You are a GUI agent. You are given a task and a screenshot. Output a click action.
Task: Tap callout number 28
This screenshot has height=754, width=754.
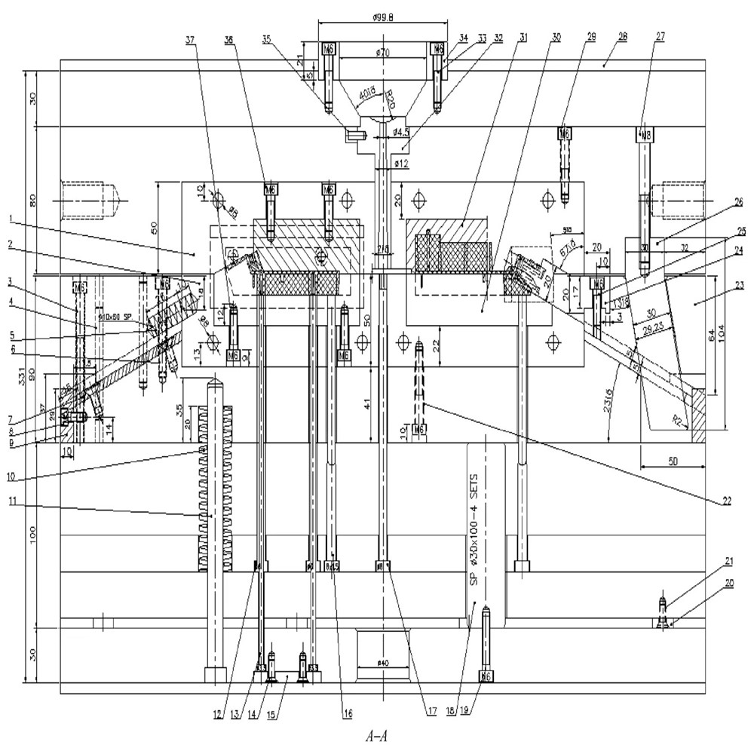click(623, 35)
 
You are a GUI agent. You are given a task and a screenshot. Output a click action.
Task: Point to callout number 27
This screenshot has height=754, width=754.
click(661, 35)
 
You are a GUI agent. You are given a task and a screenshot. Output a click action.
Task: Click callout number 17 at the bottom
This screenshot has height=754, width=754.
click(431, 709)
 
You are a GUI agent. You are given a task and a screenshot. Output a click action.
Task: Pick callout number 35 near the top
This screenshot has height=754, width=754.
click(265, 36)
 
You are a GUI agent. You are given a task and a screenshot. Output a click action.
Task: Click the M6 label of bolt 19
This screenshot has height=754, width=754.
click(486, 676)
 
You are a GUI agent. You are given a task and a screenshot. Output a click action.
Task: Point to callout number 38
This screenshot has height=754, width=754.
click(228, 37)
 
